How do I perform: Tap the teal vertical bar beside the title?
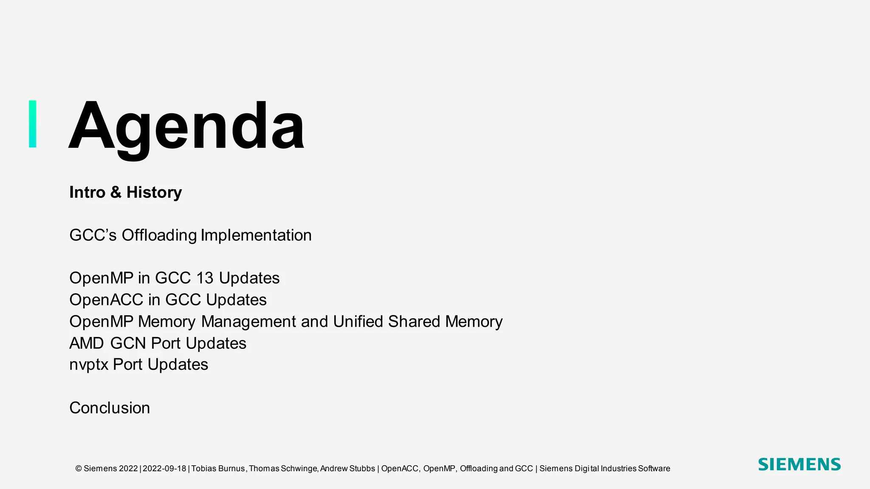tap(33, 124)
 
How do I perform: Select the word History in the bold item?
tap(154, 192)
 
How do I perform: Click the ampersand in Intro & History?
tap(116, 192)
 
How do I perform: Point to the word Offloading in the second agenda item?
tap(159, 236)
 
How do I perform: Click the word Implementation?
tap(256, 235)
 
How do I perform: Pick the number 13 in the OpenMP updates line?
tap(205, 278)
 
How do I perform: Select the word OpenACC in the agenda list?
tap(106, 300)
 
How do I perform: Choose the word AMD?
tap(87, 343)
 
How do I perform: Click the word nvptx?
tap(89, 365)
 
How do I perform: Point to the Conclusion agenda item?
tap(110, 408)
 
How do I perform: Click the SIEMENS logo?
tap(799, 464)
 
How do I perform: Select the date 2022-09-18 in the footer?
tap(164, 469)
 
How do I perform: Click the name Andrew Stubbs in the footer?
tap(347, 469)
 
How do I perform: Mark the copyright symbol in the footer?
tap(79, 469)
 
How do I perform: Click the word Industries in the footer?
tap(619, 469)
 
